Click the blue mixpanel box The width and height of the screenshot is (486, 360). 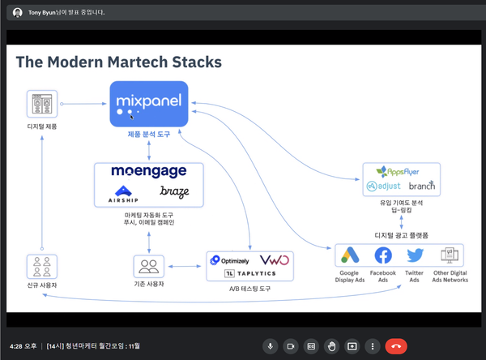click(x=149, y=104)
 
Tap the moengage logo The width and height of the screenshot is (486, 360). click(x=149, y=171)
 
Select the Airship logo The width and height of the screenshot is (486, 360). click(x=123, y=195)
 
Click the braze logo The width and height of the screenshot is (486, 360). click(x=174, y=192)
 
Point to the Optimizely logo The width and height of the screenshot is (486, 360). click(x=229, y=260)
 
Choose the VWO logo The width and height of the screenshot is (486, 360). click(x=275, y=259)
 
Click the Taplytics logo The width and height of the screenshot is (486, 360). click(x=249, y=273)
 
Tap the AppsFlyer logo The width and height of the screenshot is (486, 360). click(x=398, y=172)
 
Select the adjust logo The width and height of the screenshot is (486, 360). click(x=383, y=186)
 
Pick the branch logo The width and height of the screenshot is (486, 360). click(x=422, y=186)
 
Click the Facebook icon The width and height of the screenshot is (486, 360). click(x=383, y=255)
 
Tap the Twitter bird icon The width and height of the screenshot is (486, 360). click(x=415, y=255)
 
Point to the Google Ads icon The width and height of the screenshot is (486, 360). click(x=350, y=255)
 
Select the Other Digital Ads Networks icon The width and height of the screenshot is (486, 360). click(x=450, y=255)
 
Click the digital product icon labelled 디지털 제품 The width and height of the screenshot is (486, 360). click(x=42, y=104)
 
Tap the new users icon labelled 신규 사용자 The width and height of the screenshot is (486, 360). click(x=42, y=267)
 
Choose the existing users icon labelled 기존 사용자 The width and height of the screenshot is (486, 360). click(x=149, y=266)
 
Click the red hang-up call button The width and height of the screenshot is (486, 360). click(x=396, y=346)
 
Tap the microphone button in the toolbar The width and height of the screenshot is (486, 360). click(x=270, y=346)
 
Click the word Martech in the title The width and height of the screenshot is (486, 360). click(x=138, y=62)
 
